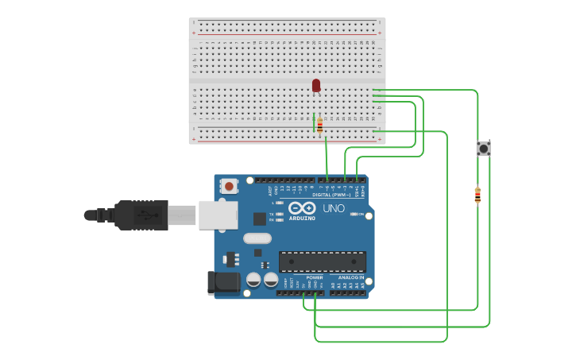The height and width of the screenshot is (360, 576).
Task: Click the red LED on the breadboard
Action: [316, 85]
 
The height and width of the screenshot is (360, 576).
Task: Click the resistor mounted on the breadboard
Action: [320, 126]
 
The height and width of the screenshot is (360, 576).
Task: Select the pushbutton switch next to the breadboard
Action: [483, 149]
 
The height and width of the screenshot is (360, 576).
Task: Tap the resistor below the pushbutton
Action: [477, 195]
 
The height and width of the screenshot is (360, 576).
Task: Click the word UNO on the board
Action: [334, 208]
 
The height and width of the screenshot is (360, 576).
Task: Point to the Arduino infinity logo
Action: [302, 208]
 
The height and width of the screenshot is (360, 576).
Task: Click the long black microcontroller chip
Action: [323, 261]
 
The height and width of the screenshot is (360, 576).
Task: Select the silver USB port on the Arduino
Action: [217, 215]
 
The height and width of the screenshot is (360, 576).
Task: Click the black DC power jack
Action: [222, 283]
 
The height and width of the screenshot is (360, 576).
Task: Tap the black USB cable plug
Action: [143, 215]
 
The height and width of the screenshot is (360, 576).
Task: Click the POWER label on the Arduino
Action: [303, 277]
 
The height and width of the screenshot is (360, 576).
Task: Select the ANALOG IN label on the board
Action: [350, 277]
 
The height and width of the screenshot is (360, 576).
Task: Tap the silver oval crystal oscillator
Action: [257, 238]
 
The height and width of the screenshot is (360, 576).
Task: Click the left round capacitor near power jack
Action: [253, 280]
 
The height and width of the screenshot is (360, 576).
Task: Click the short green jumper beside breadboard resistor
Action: [314, 122]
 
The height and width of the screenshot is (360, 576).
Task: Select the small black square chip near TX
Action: [260, 219]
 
